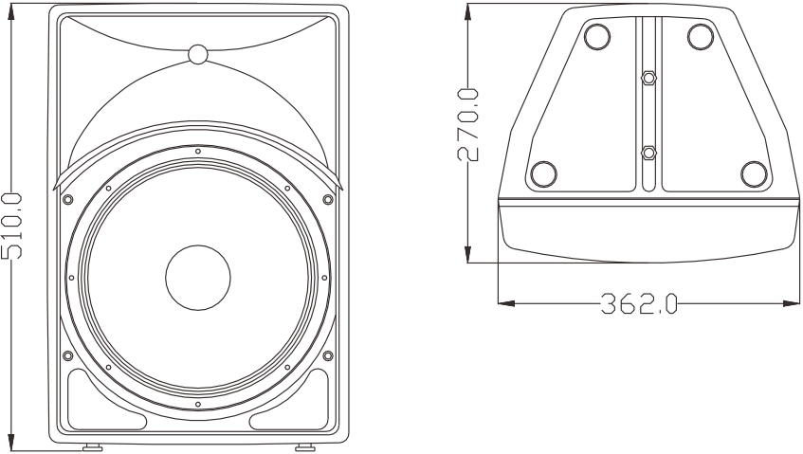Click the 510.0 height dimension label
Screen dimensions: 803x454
coord(11,226)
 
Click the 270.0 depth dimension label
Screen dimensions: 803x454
coord(467,125)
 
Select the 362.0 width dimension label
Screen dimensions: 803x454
coord(639,303)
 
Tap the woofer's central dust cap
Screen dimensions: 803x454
coord(198,278)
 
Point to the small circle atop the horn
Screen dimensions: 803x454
coord(198,54)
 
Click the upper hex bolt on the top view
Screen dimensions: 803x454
coord(648,78)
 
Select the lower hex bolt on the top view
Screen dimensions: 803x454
coord(648,153)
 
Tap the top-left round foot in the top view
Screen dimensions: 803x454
coord(597,37)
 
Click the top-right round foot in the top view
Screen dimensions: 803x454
coord(702,37)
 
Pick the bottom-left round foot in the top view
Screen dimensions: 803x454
coord(544,174)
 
